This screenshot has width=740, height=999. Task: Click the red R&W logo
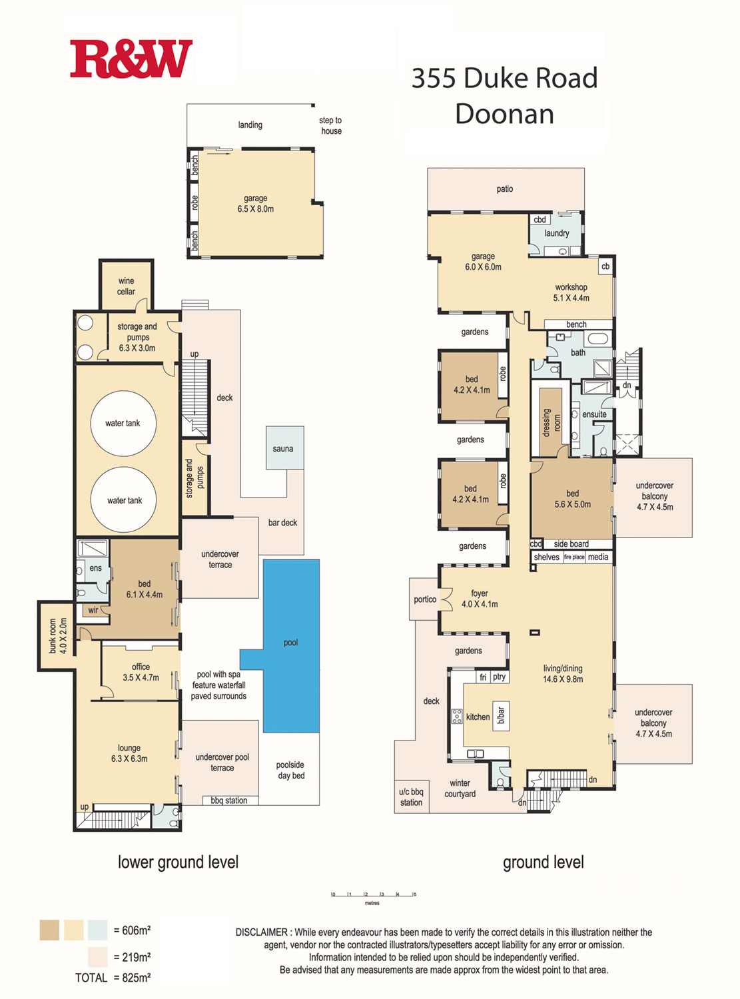pos(131,59)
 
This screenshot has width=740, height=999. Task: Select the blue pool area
pos(291,645)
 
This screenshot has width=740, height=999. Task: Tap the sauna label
pos(283,449)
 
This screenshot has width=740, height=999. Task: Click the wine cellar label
pos(126,286)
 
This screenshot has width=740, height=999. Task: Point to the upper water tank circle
pos(123,424)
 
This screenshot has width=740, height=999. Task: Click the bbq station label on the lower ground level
pos(229,800)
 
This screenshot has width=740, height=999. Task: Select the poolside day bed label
pos(290,770)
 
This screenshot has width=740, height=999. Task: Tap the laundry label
pos(557,233)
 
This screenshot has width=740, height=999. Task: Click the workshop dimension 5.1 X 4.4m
pos(571,298)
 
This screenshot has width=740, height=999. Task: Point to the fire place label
pos(574,557)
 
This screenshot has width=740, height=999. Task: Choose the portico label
pos(425,599)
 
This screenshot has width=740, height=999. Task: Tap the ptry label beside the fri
pos(499,677)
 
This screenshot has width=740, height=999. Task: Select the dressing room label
pos(552,422)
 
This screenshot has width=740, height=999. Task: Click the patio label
pos(505,189)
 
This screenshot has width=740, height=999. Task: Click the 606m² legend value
pos(132,930)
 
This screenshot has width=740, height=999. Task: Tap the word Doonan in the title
pos(504,114)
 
